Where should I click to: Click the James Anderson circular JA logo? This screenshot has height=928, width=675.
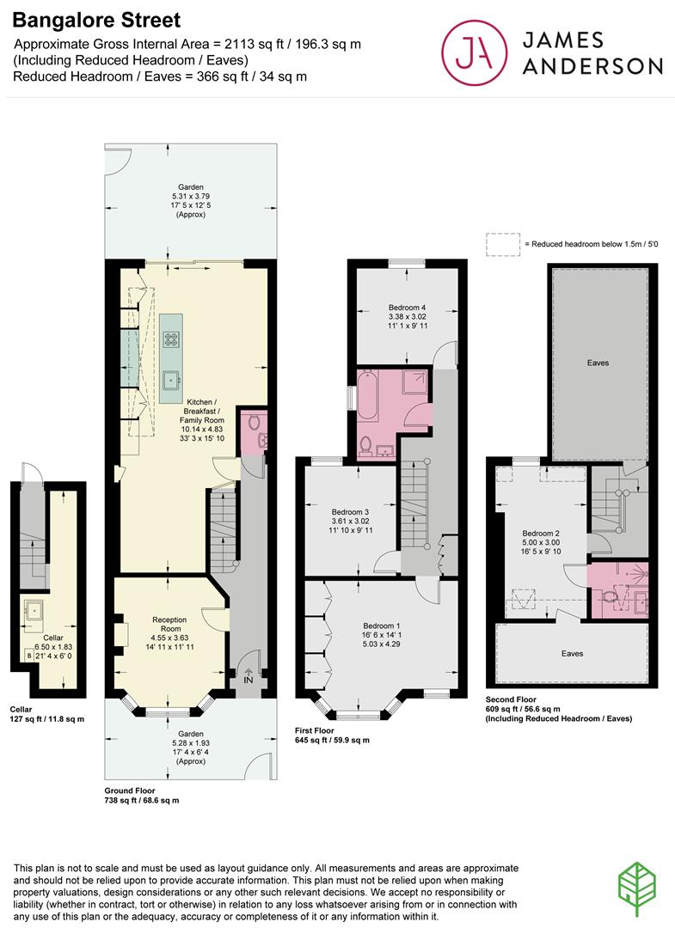point(475,52)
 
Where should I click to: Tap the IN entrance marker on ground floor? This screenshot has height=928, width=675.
point(249,676)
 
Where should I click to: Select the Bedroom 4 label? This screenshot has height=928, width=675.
point(408,308)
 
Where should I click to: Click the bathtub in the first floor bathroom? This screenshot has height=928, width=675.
point(368,394)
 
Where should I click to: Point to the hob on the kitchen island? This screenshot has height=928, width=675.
point(172,339)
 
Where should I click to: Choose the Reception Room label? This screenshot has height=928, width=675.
point(170,624)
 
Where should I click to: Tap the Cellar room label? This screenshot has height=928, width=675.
point(53,638)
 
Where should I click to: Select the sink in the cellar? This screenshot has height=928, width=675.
point(34,609)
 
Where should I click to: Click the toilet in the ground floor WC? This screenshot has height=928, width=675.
point(255,422)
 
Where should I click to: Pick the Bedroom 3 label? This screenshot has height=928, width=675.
point(350,512)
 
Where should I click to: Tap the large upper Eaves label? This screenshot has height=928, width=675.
point(598,363)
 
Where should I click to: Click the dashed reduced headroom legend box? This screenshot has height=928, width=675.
point(503,244)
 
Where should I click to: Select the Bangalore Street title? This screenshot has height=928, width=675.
point(96,20)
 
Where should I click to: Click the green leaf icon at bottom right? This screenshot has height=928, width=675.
point(637,889)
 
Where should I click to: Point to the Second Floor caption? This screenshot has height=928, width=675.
point(511,699)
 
